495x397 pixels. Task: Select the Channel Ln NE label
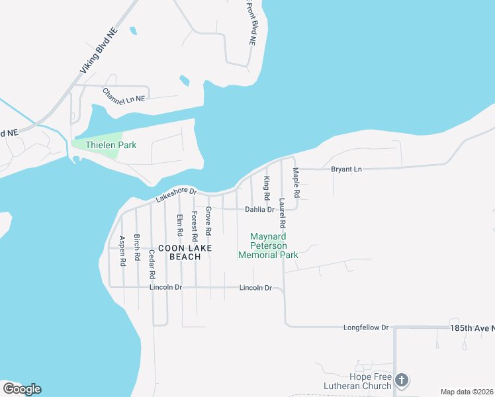pos(124,95)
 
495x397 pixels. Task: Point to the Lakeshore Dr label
pos(176,195)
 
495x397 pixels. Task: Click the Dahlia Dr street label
pos(259,210)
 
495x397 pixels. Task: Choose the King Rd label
pos(267,189)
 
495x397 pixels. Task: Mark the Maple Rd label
pos(296,183)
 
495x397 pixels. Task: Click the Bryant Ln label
pos(347,170)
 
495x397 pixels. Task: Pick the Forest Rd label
pos(194,226)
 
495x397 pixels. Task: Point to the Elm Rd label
pos(179,225)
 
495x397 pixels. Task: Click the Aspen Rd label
pos(122,251)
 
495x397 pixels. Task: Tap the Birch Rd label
pos(137,247)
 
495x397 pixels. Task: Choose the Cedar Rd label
pos(152,263)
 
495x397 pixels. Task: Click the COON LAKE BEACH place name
pos(185,252)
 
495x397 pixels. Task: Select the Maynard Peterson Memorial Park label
pos(268,245)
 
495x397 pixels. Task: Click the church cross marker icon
pos(401,380)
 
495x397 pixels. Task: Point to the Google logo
pos(22,388)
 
